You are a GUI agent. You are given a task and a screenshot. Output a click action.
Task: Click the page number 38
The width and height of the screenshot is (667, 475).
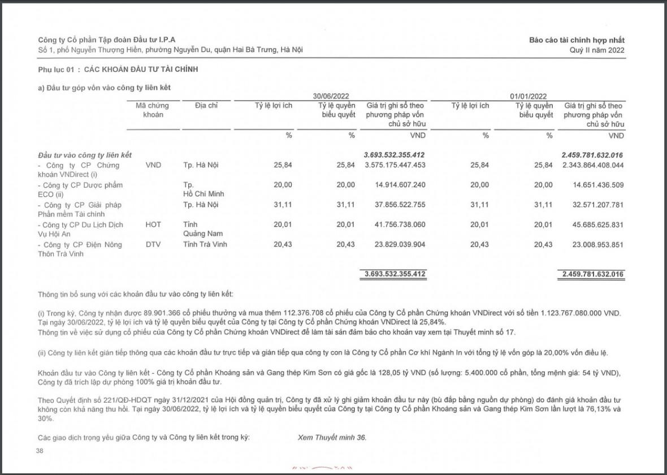(39, 451)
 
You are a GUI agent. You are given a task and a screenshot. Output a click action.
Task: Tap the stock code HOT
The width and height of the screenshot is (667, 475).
(153, 224)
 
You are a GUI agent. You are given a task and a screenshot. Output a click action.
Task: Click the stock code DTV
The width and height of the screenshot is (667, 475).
(153, 244)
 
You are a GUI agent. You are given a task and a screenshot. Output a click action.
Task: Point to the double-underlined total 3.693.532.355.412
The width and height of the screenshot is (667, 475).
(395, 274)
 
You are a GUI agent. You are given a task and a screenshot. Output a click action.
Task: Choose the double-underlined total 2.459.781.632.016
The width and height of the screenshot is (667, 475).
(593, 274)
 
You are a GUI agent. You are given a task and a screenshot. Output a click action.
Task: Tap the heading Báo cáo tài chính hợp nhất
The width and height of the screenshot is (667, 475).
(577, 40)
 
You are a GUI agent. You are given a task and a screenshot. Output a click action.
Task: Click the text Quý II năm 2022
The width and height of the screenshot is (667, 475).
(597, 50)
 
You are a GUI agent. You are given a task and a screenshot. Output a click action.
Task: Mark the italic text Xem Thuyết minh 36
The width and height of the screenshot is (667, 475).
(332, 438)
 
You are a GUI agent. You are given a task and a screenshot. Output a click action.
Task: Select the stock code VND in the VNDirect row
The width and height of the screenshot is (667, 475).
(153, 165)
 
